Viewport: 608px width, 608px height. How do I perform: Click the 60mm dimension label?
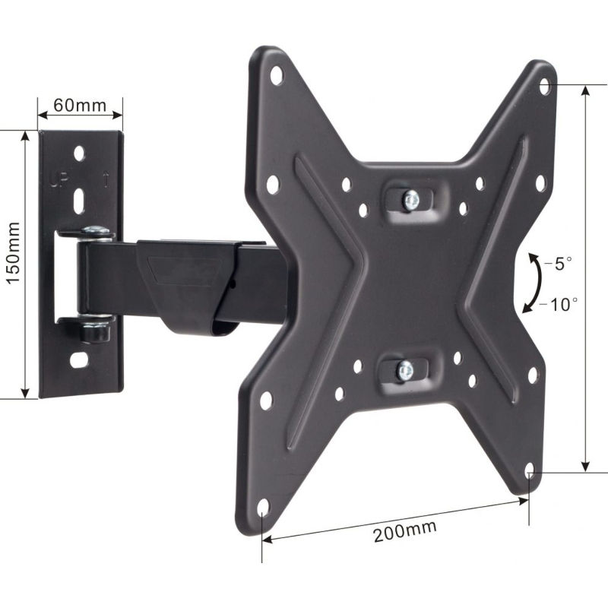point(80,105)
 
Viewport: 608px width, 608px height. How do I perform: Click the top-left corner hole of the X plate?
point(275,74)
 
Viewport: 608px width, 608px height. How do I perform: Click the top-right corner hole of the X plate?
point(544,84)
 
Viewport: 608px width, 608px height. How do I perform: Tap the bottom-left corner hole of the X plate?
point(263,506)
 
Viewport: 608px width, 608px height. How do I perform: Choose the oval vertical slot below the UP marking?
point(79,202)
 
